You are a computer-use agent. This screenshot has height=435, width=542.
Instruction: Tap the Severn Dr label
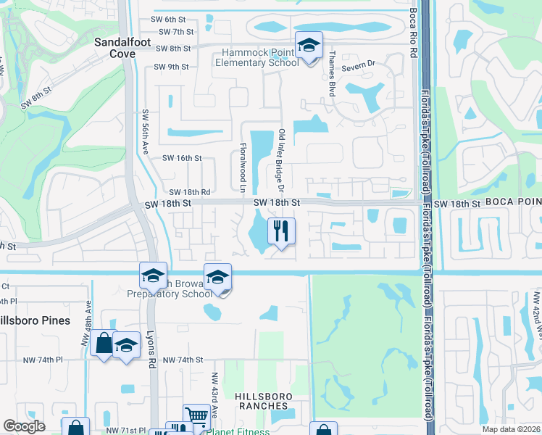357,63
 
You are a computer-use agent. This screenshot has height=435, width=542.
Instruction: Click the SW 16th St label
181,157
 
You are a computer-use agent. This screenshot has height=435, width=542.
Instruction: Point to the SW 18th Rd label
186,192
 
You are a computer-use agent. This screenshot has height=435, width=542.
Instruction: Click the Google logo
24,426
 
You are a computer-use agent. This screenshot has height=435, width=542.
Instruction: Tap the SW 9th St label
172,67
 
